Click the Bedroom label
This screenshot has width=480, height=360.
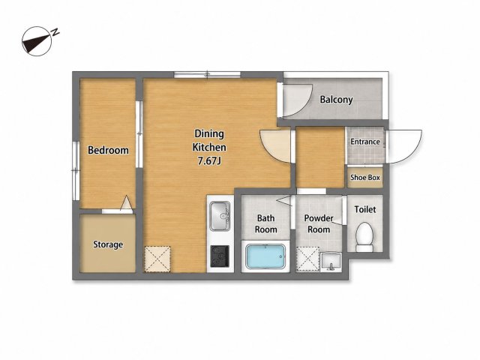[108, 150]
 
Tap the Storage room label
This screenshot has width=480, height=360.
[108, 244]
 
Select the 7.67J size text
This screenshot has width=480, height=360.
[209, 161]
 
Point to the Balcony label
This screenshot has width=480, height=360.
[336, 100]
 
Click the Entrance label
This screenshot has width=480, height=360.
[365, 142]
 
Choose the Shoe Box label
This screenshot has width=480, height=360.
[365, 178]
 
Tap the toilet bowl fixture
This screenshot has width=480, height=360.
[364, 237]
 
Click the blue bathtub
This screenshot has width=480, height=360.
[265, 256]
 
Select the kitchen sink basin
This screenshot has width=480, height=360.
[220, 215]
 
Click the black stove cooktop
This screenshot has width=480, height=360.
[220, 256]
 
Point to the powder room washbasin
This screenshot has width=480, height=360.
[331, 262]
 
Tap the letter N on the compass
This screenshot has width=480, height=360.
[55, 32]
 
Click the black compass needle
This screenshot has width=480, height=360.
[36, 43]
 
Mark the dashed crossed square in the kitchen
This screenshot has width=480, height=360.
[157, 259]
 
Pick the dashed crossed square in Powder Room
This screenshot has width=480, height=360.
[308, 260]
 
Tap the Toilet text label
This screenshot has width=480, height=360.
[365, 209]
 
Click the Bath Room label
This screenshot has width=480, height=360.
[265, 223]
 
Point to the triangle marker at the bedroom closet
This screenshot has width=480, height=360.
[127, 202]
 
